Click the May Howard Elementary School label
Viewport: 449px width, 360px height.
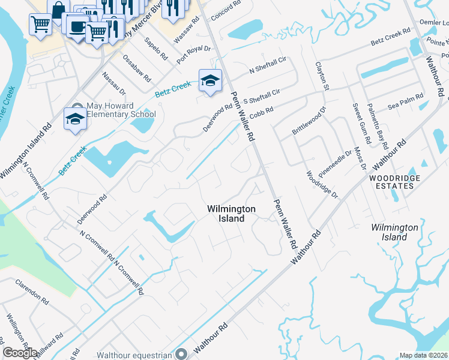121,110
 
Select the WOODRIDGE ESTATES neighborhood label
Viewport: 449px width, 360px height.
391,182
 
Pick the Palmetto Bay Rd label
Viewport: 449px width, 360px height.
380,126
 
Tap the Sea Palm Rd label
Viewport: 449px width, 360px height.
402,105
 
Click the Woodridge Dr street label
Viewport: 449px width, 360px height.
322,185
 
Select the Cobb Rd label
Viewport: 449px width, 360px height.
262,110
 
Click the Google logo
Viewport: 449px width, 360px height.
20,353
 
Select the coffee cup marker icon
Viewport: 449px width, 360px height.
77,26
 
